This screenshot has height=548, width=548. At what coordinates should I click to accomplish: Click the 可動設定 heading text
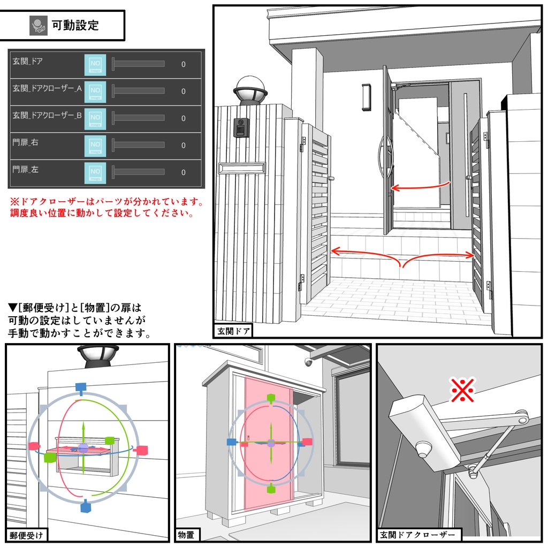[75, 25]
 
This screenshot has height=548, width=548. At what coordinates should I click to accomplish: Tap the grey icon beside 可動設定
[39, 25]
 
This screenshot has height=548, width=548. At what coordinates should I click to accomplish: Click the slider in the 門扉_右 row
[138, 145]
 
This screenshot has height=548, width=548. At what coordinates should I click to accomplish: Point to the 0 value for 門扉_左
[184, 172]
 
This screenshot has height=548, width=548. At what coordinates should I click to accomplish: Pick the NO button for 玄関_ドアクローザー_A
[95, 91]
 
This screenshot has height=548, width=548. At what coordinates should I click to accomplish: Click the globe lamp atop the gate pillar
[250, 90]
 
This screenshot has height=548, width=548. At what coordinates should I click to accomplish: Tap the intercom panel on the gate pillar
[241, 127]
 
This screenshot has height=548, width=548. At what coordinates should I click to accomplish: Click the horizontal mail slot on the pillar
[241, 168]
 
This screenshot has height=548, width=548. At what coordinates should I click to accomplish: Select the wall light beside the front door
[366, 97]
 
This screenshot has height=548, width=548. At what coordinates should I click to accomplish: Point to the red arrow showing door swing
[420, 187]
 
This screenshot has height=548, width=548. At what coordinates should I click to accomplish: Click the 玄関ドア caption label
[233, 331]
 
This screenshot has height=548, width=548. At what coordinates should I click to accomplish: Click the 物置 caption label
[187, 534]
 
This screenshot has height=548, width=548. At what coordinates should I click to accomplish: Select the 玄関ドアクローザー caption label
[419, 534]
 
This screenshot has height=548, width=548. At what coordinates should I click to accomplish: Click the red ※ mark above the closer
[463, 390]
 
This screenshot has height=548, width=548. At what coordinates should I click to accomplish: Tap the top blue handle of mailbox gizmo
[80, 387]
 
